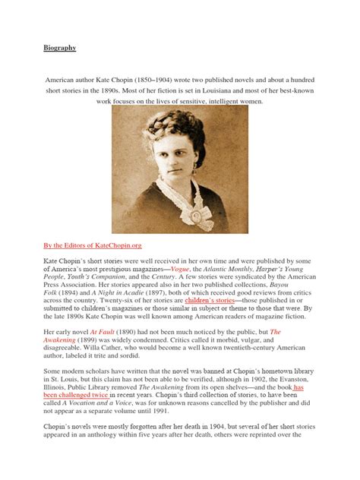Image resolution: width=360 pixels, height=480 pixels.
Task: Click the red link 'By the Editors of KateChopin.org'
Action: click(x=93, y=246)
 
